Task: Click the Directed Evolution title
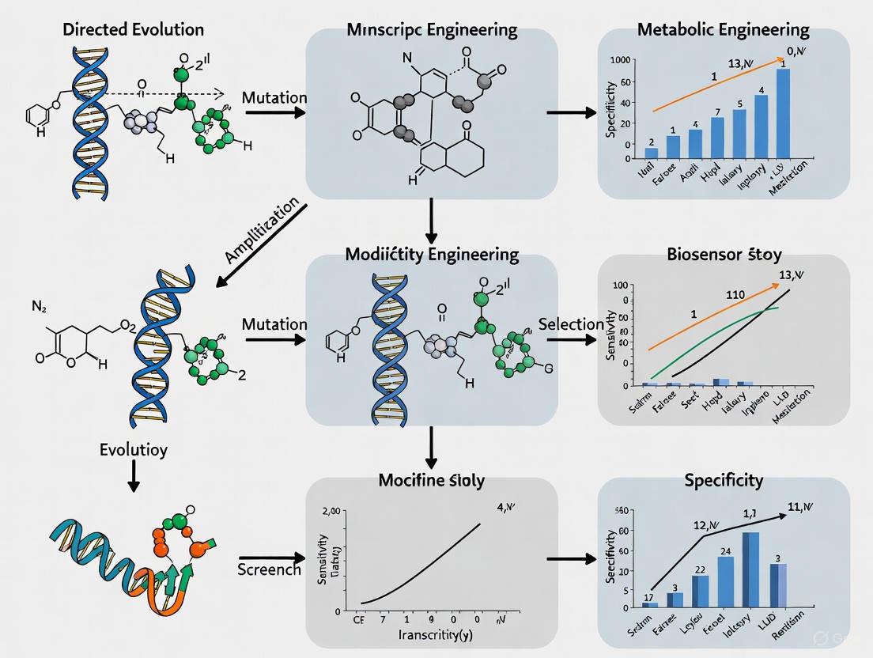pyautogui.click(x=132, y=29)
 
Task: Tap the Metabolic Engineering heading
pyautogui.click(x=723, y=30)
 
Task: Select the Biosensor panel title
pyautogui.click(x=723, y=255)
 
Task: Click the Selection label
pyautogui.click(x=571, y=324)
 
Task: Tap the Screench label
pyautogui.click(x=269, y=569)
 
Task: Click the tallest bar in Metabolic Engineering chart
pyautogui.click(x=783, y=113)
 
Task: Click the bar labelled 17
pyautogui.click(x=649, y=604)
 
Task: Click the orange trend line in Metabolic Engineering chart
pyautogui.click(x=712, y=89)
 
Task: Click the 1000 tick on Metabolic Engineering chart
pyautogui.click(x=620, y=60)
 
